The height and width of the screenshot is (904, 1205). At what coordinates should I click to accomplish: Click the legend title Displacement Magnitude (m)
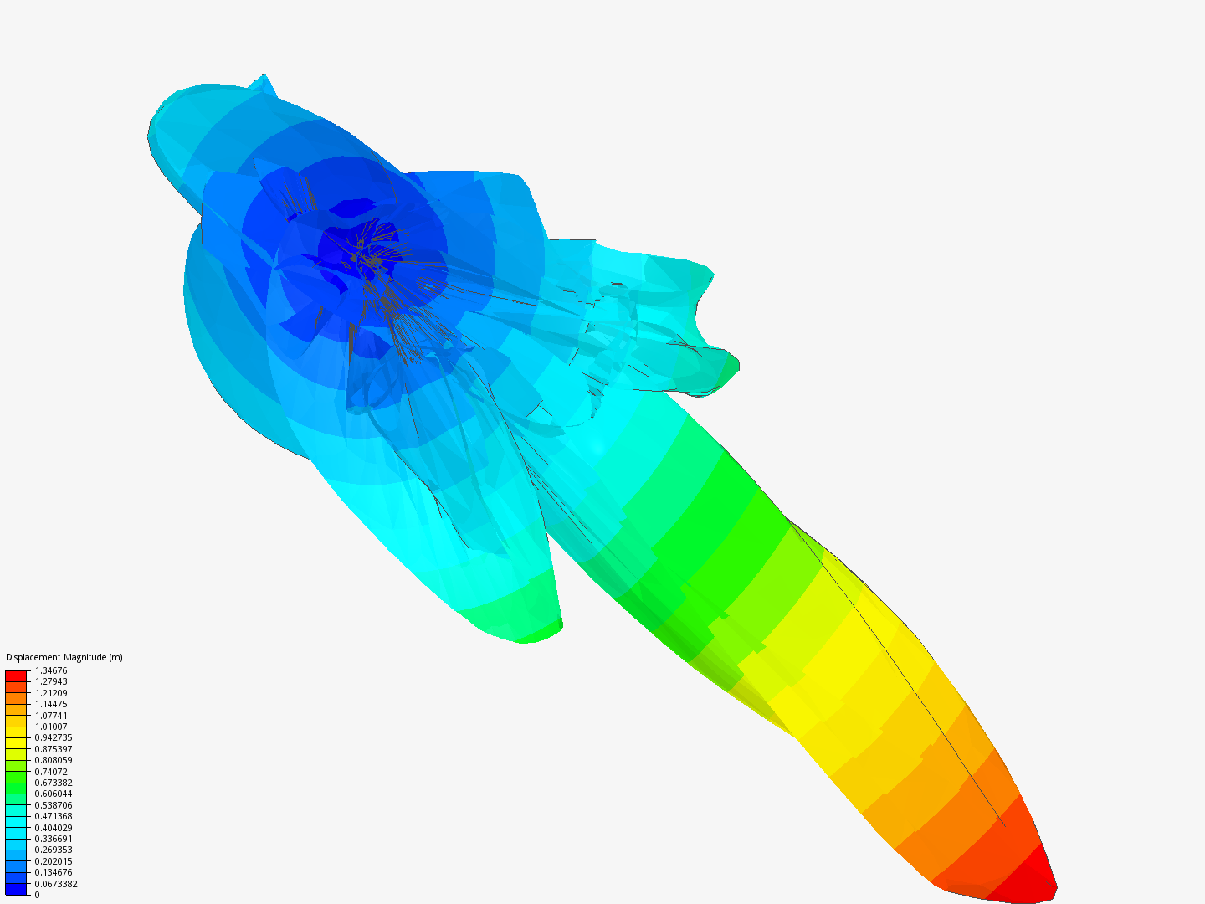pos(64,657)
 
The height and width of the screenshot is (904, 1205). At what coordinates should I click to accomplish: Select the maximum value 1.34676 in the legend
pos(51,670)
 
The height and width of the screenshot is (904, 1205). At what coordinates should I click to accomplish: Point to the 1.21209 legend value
pos(51,693)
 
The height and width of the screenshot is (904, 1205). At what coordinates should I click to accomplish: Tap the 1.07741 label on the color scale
pos(51,716)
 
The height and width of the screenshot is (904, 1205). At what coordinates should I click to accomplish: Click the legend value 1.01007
pos(51,727)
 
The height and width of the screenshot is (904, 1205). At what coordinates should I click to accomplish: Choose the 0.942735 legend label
pos(54,737)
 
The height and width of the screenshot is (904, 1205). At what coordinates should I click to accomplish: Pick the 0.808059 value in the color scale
pos(54,760)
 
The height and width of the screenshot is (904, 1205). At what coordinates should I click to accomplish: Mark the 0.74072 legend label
pos(51,772)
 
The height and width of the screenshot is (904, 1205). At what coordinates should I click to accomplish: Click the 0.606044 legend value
pos(54,794)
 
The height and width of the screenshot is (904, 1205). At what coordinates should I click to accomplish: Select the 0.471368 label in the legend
pos(54,816)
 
